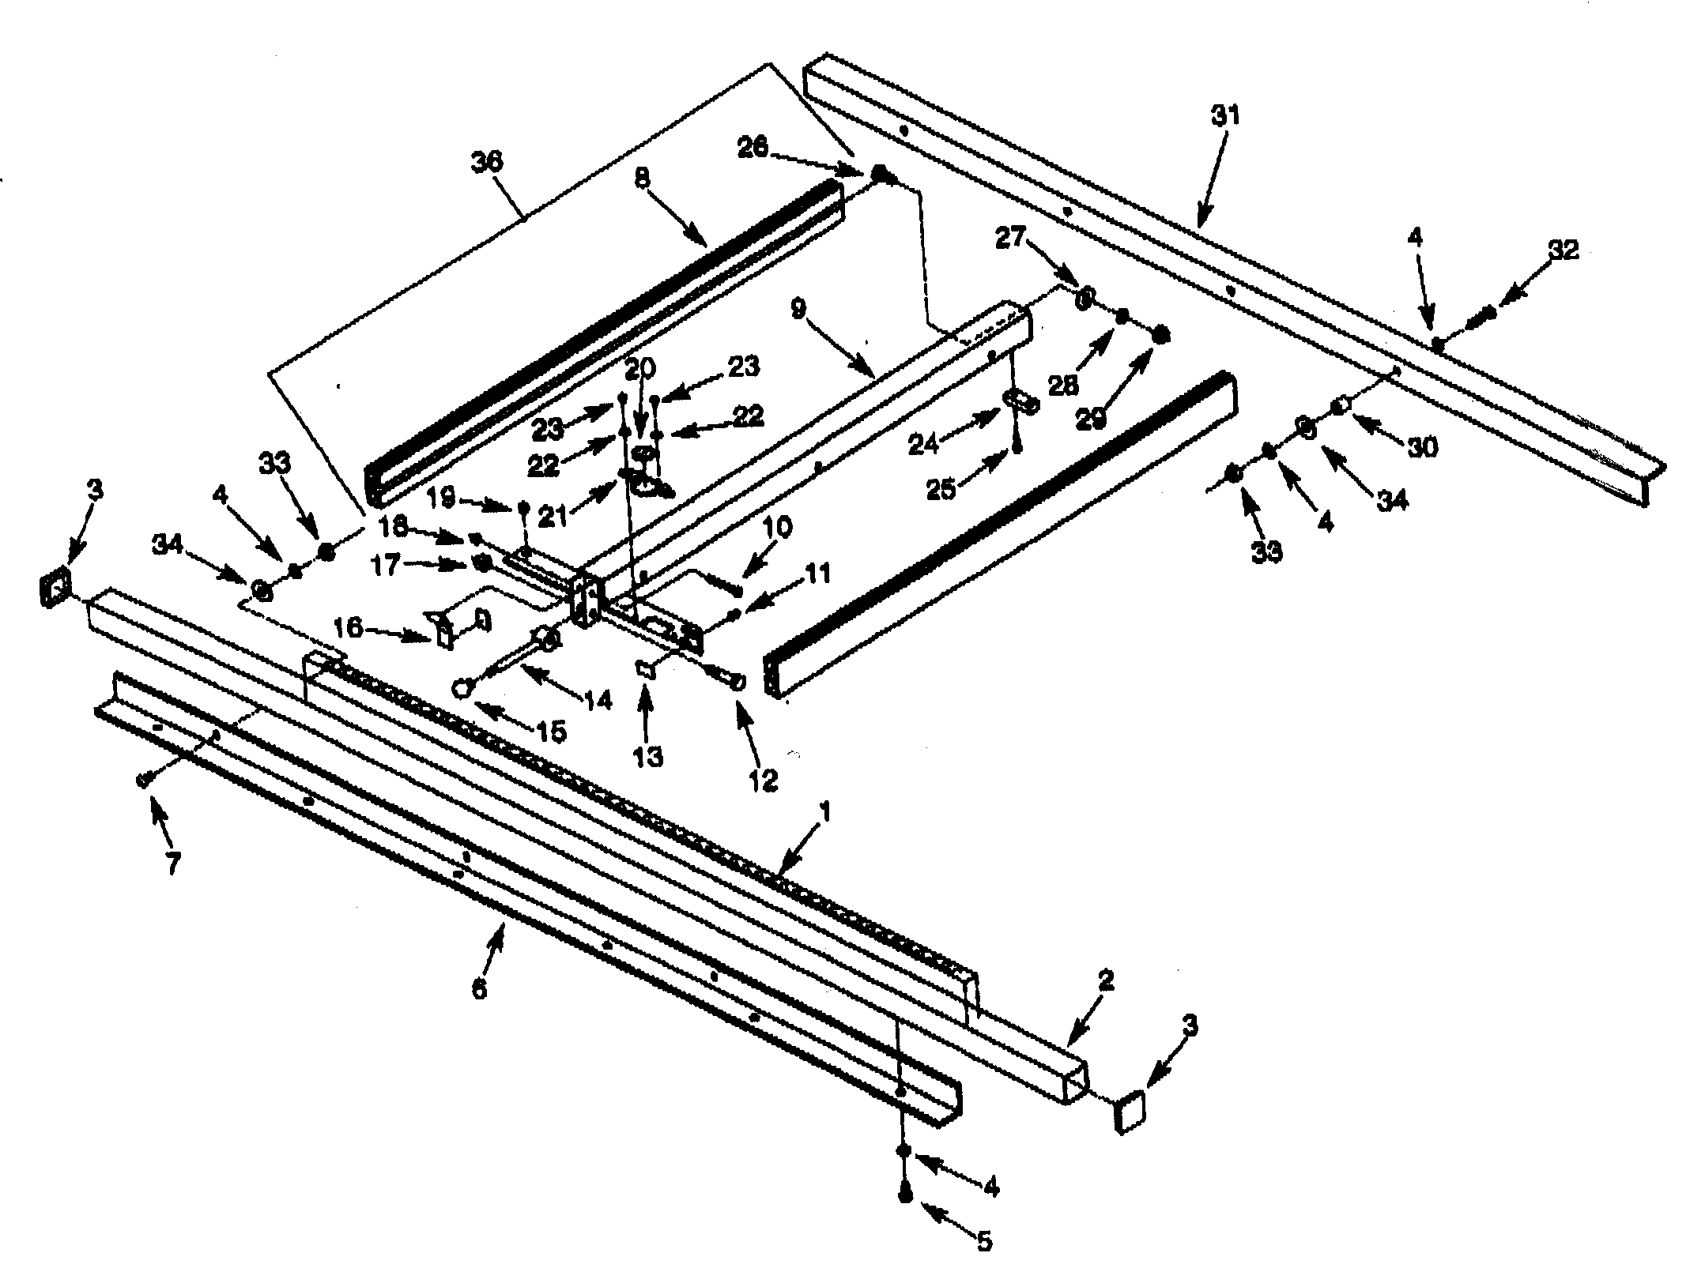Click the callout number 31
pos(1224,117)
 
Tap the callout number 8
pos(642,179)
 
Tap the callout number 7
pos(172,863)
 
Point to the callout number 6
pos(479,988)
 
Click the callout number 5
pos(983,1241)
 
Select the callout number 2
pos(1105,981)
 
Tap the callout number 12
pos(765,778)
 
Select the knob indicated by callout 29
pos(1160,335)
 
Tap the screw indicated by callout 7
pos(144,780)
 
